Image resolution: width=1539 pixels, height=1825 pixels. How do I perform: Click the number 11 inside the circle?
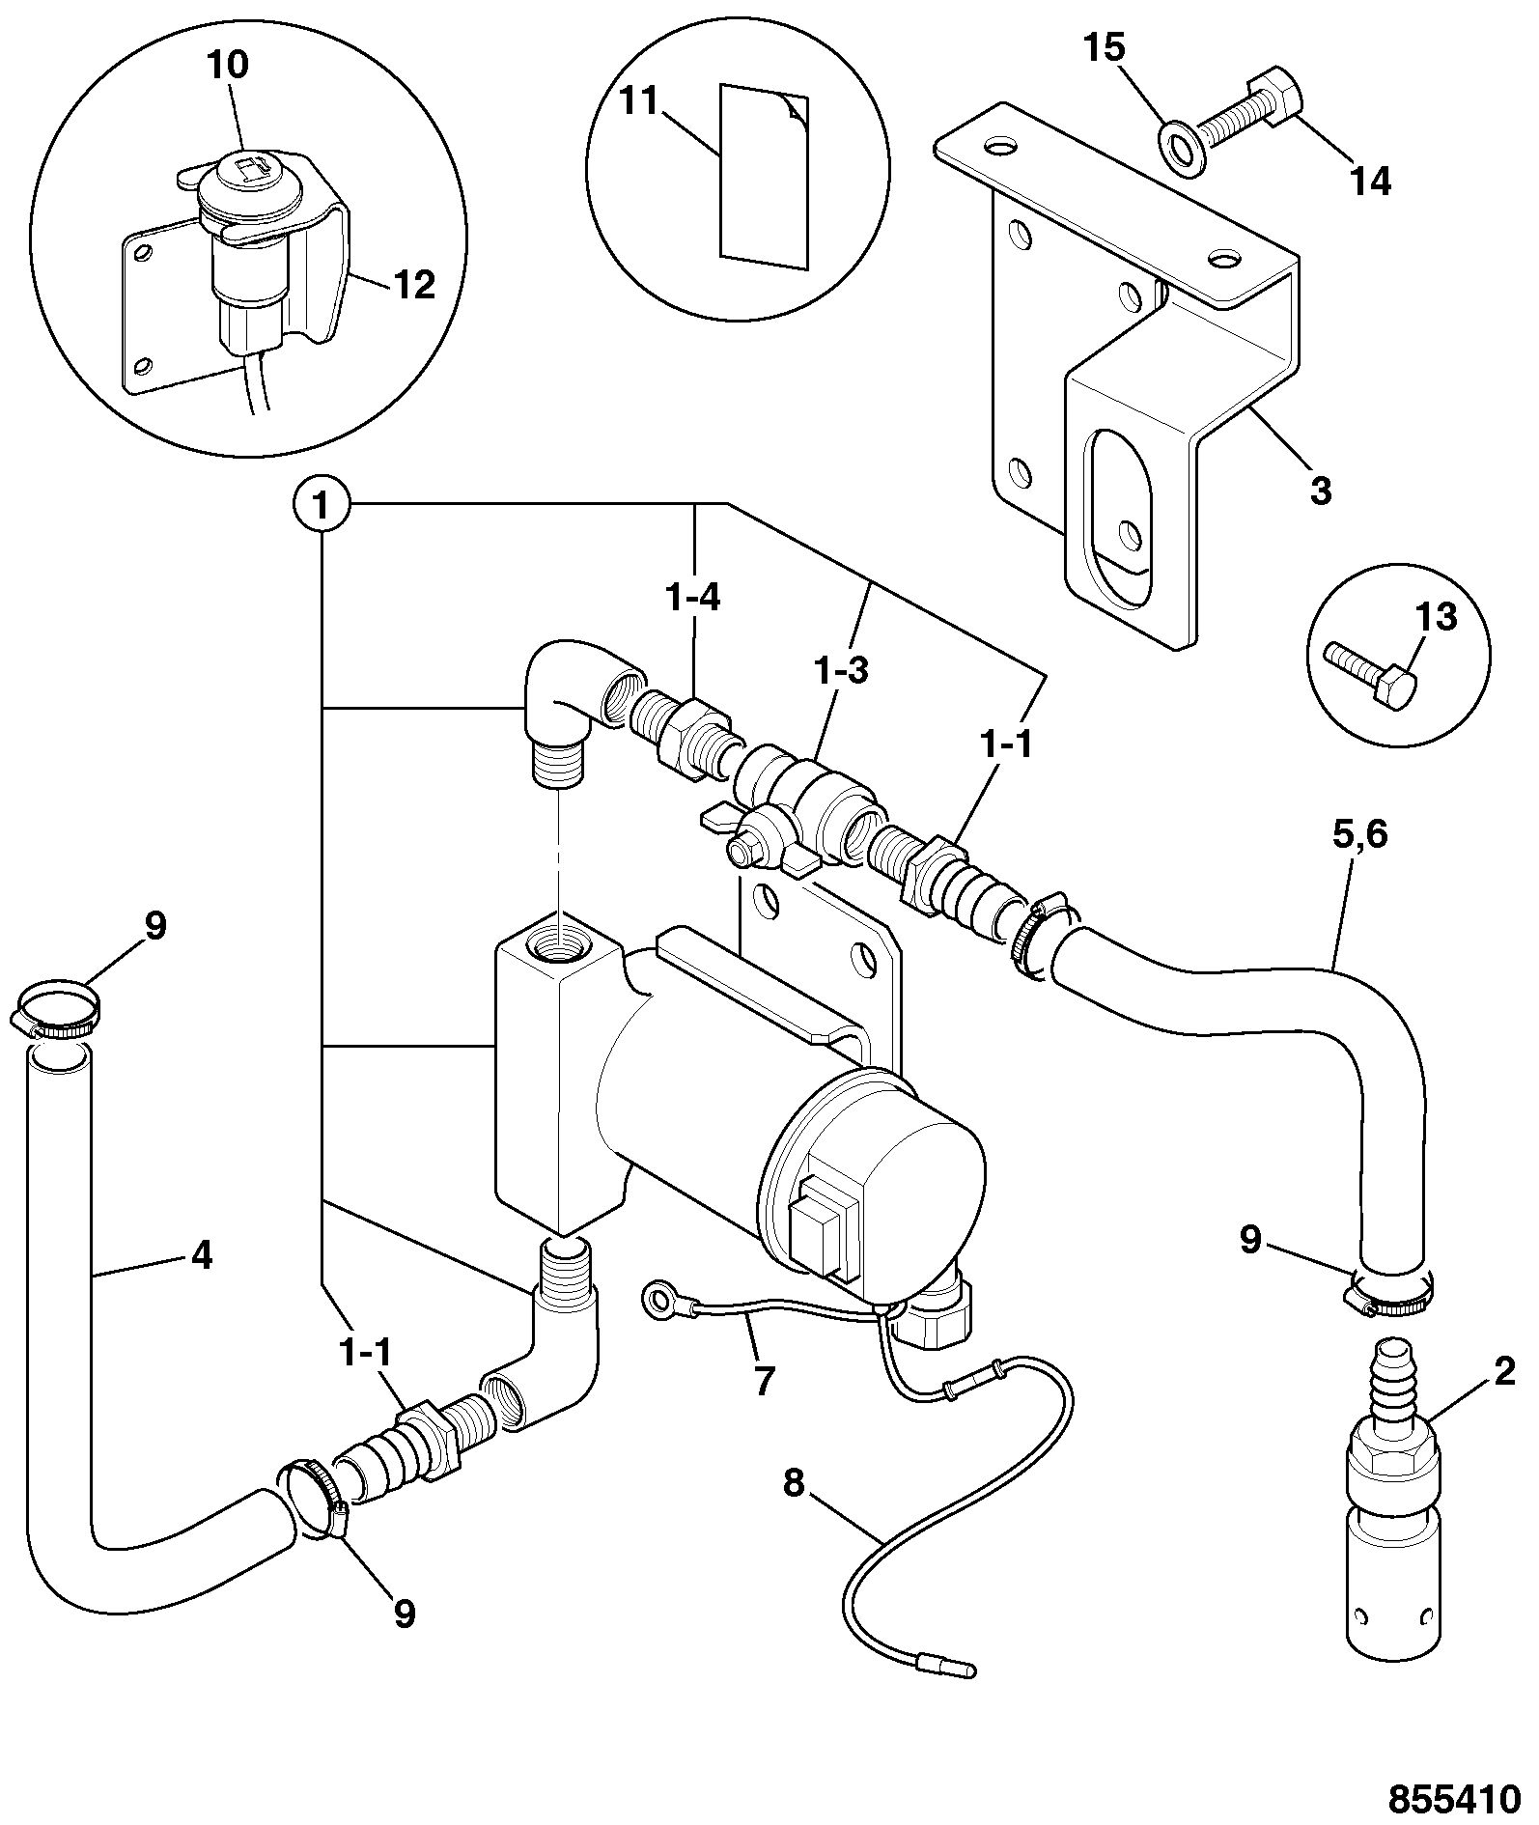(638, 100)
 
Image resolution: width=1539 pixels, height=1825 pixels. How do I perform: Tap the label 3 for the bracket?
(1321, 490)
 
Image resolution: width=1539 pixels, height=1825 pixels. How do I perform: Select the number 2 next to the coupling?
(1504, 1372)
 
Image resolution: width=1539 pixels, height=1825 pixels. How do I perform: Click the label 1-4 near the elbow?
(693, 598)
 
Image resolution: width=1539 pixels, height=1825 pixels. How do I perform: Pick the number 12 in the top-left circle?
(413, 285)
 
